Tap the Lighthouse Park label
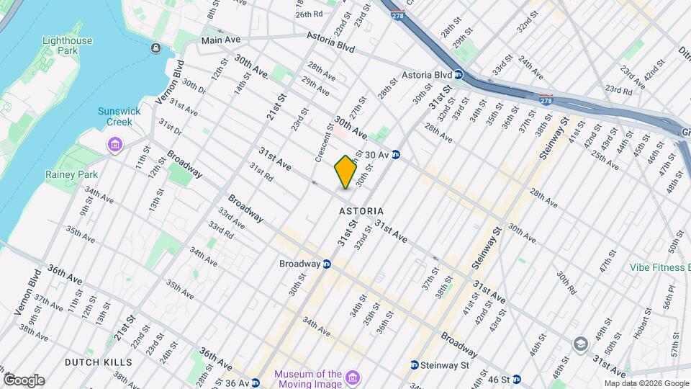click(67, 46)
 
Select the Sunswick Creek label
click(115, 117)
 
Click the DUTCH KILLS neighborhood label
click(98, 362)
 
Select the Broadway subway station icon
click(327, 264)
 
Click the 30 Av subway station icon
click(396, 155)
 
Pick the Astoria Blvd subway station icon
click(459, 75)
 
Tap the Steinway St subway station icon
click(415, 365)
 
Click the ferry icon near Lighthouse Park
click(156, 48)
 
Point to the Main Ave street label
click(220, 40)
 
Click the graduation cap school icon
click(580, 344)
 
